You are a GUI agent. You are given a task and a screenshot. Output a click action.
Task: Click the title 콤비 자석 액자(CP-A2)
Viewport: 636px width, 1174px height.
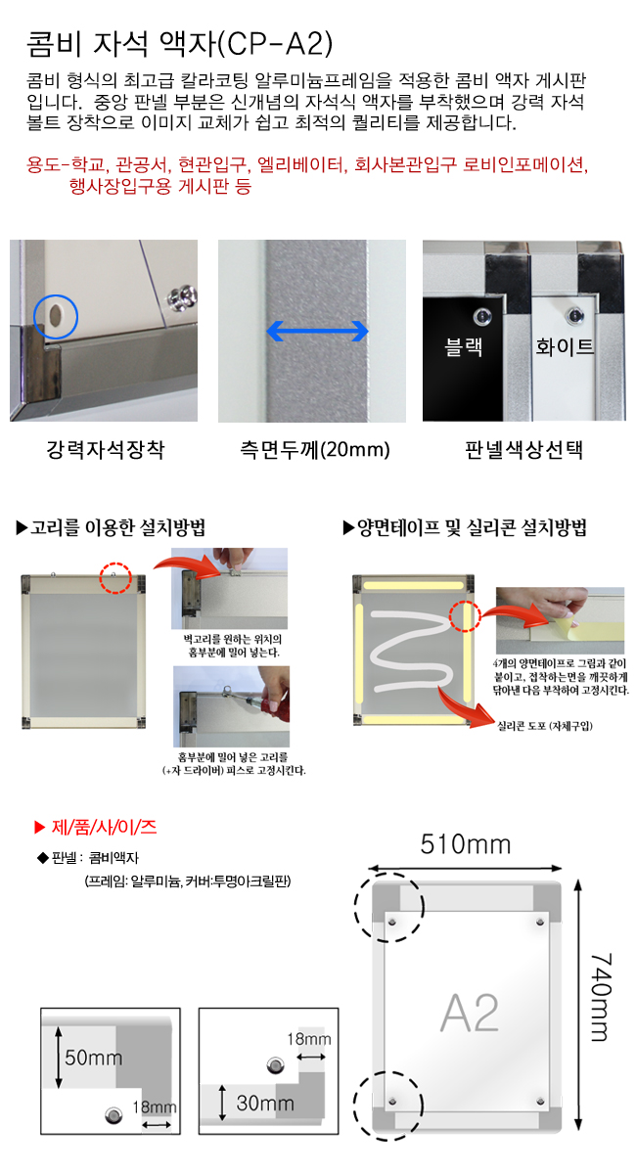tap(180, 43)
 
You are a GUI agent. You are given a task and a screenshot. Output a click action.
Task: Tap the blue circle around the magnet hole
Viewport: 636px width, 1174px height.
tap(34, 317)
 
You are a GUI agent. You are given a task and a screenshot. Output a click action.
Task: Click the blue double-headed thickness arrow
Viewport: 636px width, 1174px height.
tap(317, 331)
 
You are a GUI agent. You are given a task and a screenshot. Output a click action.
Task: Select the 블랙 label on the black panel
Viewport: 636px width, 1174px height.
tap(463, 346)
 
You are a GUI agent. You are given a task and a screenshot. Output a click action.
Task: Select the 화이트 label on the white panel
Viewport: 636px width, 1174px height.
tap(565, 346)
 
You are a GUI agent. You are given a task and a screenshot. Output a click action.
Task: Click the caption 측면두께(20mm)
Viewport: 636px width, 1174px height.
tap(315, 449)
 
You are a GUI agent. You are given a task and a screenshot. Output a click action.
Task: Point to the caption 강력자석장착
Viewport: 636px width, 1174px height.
tap(106, 449)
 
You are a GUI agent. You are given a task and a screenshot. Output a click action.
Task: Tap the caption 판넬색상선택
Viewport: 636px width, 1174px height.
tap(523, 449)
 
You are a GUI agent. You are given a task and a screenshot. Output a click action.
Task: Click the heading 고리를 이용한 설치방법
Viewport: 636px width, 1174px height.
tap(111, 527)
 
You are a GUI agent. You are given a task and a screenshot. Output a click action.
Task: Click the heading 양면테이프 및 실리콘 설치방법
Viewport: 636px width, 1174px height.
tap(465, 527)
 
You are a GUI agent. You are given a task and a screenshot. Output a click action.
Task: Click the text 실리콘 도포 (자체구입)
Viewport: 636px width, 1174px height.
tap(545, 725)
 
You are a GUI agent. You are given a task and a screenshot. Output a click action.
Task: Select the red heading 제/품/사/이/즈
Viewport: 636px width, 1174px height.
tap(95, 827)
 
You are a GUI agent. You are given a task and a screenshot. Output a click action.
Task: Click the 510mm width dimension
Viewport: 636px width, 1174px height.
tap(466, 844)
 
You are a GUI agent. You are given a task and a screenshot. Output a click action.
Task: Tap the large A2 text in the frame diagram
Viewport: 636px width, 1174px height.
tap(470, 1012)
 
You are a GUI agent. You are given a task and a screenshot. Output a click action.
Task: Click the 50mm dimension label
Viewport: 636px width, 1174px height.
tap(93, 1058)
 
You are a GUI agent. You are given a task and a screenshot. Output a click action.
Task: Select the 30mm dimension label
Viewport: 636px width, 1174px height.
tap(265, 1104)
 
